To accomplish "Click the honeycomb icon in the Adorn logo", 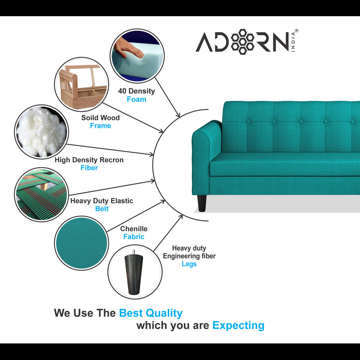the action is [x=242, y=42].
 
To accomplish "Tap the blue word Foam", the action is [x=136, y=99].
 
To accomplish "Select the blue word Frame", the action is [x=100, y=126].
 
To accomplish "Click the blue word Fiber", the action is [x=89, y=168].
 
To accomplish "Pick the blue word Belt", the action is [x=102, y=208].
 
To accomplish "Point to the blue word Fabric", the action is [x=134, y=237].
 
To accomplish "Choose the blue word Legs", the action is [x=189, y=264].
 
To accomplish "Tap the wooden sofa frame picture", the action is [x=82, y=85].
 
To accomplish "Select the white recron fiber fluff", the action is [x=41, y=132].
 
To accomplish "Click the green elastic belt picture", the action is [x=41, y=194].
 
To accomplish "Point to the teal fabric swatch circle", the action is [x=81, y=243].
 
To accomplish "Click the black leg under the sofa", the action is [x=202, y=203].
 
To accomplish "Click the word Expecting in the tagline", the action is [x=238, y=325].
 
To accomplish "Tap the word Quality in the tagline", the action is [x=164, y=313].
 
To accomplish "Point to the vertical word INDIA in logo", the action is [x=293, y=42].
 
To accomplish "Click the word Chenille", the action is [x=134, y=229].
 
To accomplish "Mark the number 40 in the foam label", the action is [x=122, y=91].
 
